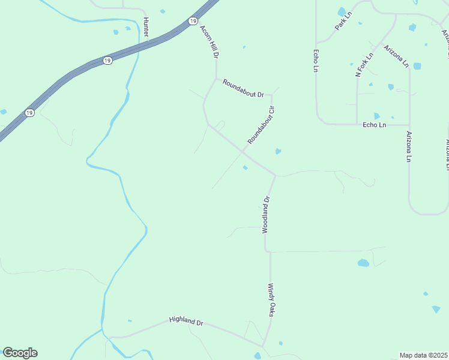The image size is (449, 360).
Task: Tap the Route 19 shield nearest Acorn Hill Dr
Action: (191, 21)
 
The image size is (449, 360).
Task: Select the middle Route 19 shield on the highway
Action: (107, 61)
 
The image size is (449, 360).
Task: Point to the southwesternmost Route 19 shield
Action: (29, 112)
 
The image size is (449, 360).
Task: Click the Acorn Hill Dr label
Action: (208, 41)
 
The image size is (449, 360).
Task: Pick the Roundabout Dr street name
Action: (243, 89)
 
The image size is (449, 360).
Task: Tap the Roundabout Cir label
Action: (261, 125)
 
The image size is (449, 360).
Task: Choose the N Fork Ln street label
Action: (364, 65)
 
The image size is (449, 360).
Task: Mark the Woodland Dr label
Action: (267, 214)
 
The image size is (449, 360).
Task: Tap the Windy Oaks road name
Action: (271, 300)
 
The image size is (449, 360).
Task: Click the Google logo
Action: (20, 353)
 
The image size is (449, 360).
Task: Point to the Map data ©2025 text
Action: (423, 355)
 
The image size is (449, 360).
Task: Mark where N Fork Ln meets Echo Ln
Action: (357, 124)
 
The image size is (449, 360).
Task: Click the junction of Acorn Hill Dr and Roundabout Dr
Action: (216, 78)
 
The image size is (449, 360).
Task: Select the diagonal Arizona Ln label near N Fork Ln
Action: (396, 56)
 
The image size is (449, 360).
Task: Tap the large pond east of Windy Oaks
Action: (363, 263)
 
